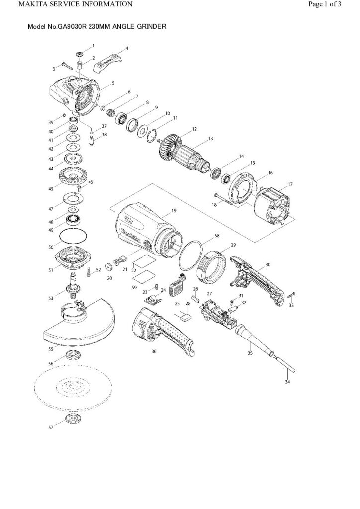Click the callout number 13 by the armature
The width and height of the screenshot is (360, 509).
coord(210,138)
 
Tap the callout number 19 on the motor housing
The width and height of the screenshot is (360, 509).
coord(174,211)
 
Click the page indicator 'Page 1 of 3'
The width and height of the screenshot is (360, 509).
coord(324,4)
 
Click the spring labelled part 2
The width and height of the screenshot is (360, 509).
coord(78,65)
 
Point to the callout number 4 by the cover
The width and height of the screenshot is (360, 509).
coord(126,49)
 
